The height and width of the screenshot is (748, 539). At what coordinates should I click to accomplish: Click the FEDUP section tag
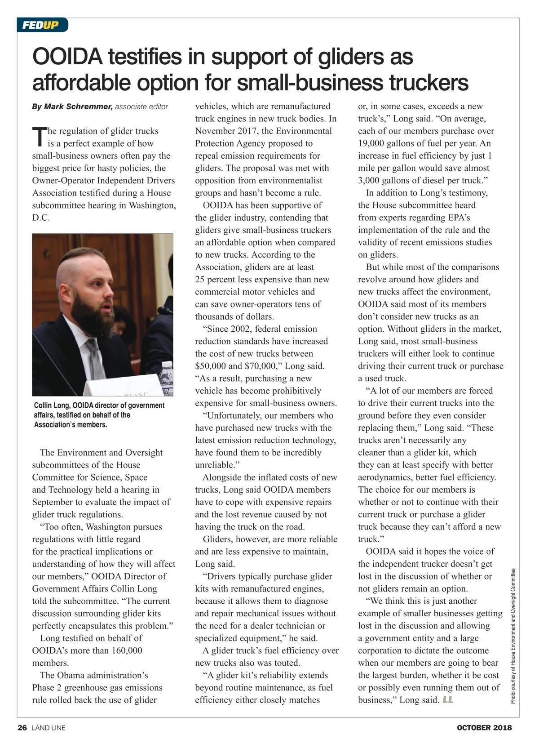coord(41,25)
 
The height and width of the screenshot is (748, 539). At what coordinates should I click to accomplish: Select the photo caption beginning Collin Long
coord(99,414)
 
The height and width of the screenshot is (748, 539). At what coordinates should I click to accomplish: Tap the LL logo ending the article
coord(448,700)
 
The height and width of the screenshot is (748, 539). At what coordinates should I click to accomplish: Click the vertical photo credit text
coord(513,636)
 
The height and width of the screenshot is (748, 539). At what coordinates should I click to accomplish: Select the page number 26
coord(22,728)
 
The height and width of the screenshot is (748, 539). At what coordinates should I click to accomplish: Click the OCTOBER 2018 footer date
coord(484,728)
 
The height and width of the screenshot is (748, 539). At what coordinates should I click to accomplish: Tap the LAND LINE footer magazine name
coord(48,728)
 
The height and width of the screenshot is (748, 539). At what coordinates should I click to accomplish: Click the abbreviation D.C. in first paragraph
coord(41,218)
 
